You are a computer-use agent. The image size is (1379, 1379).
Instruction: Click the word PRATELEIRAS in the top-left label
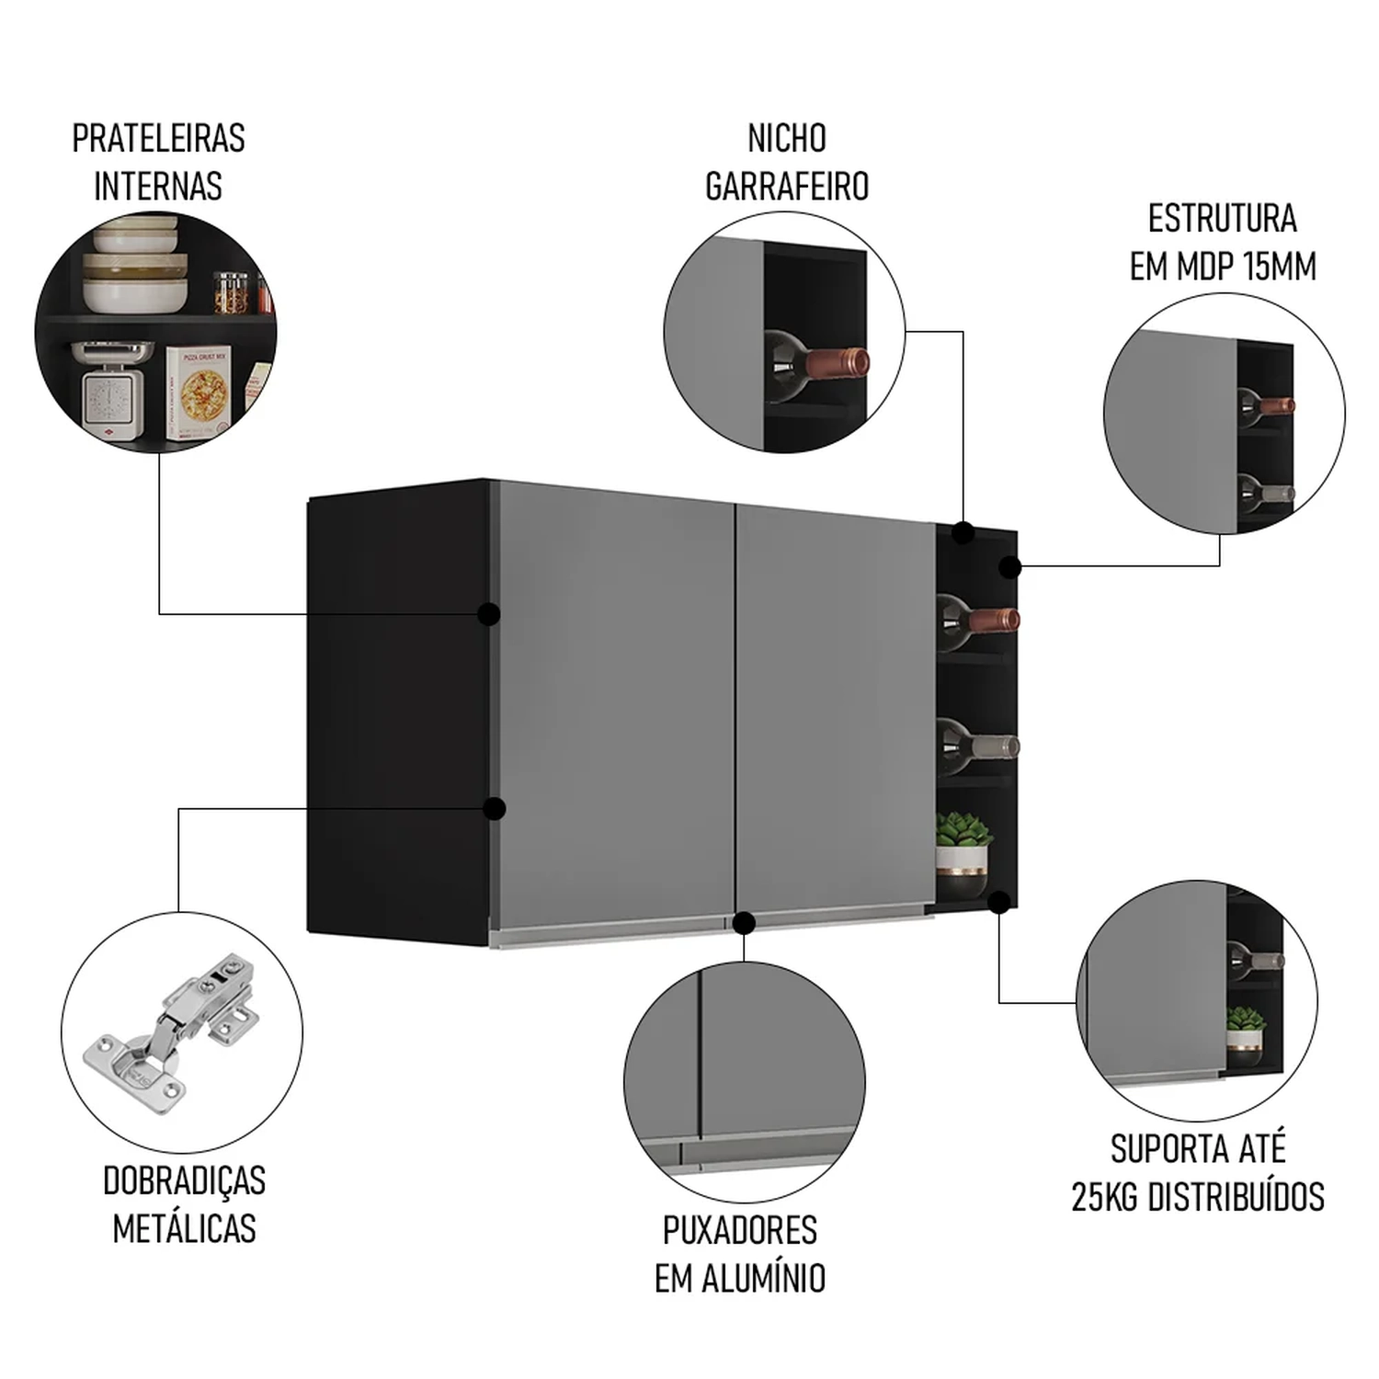158,139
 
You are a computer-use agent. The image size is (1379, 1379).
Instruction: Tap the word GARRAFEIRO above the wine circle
787,187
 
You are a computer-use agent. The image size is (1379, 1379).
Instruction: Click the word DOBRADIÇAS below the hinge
184,1181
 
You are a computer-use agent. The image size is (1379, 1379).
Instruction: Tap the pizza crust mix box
197,391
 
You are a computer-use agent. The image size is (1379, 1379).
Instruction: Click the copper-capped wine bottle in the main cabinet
979,618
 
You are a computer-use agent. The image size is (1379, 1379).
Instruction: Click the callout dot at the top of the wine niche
963,532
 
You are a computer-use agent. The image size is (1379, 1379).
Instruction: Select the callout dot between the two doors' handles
744,922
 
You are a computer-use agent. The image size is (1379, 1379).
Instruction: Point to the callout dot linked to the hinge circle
495,809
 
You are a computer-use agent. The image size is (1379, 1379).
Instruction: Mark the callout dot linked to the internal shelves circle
489,614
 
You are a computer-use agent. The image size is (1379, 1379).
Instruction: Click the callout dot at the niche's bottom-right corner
999,903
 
